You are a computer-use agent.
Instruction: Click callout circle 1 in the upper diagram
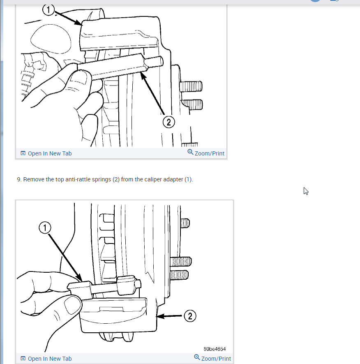(x=48, y=9)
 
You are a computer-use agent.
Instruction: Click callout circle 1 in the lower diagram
(x=45, y=227)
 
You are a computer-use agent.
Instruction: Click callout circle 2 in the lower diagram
(x=190, y=316)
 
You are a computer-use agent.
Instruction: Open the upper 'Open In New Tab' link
(x=49, y=153)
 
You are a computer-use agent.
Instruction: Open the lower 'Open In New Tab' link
(x=49, y=359)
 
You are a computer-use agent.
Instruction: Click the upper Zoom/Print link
(x=209, y=153)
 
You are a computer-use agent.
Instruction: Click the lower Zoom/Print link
(x=216, y=359)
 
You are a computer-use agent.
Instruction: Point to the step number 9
(x=19, y=180)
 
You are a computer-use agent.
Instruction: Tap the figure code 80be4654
(x=215, y=349)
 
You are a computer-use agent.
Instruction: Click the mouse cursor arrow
(x=306, y=191)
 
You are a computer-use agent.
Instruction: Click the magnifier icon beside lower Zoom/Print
(x=197, y=357)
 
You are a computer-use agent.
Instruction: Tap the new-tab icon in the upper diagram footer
(x=23, y=153)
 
